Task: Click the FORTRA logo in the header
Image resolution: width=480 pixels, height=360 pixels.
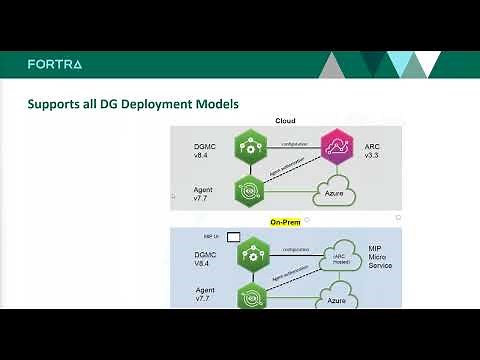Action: pos(55,64)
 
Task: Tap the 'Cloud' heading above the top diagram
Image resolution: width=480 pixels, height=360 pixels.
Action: pos(285,121)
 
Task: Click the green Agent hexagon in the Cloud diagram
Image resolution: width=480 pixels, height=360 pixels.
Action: pos(248,188)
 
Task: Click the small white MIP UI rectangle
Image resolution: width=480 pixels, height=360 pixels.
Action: pos(233,237)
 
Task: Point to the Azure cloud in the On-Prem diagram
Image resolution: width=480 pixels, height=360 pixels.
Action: pos(339,297)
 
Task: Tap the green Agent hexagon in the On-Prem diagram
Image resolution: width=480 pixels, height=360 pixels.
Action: pos(248,297)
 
